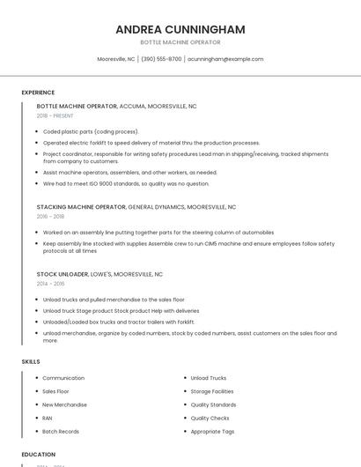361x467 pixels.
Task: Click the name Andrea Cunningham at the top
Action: point(180,29)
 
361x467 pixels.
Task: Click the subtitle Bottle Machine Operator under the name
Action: point(180,42)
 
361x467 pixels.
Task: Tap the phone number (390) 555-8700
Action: point(161,59)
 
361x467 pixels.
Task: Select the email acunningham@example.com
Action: point(225,59)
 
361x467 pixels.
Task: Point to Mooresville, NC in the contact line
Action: point(116,59)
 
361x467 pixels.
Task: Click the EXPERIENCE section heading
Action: point(38,93)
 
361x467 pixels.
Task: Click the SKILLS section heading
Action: point(31,361)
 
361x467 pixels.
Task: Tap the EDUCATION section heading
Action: point(39,455)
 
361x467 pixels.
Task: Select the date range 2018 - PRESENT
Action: point(56,115)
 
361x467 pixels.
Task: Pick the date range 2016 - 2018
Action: point(50,216)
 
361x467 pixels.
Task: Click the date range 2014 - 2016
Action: point(50,284)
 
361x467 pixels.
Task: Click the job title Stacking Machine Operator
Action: point(81,207)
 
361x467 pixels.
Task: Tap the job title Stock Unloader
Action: point(62,274)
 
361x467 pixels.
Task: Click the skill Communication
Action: point(63,378)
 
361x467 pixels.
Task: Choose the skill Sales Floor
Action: point(55,391)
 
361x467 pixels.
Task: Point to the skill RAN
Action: point(48,418)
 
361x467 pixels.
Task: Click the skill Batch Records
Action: point(61,432)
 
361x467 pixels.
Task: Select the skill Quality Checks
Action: point(210,418)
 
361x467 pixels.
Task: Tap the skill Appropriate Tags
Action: point(212,432)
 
